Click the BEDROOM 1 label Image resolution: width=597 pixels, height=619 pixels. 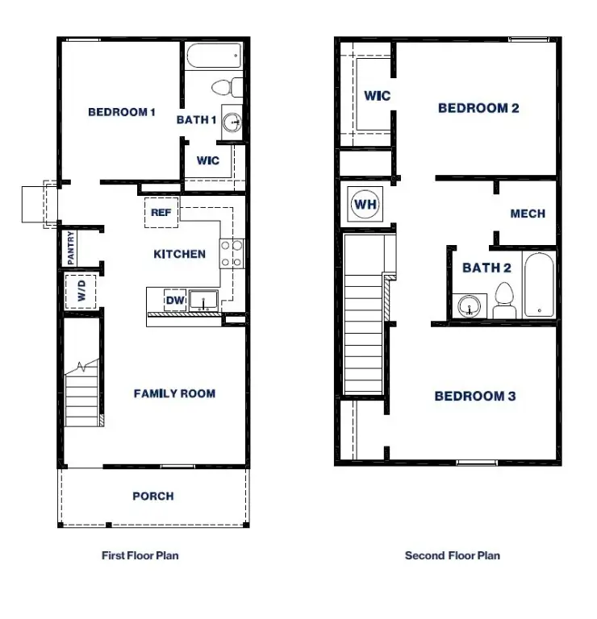(121, 112)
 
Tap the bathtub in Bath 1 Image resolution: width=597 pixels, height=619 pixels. (214, 59)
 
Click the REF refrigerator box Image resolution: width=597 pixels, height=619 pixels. (160, 213)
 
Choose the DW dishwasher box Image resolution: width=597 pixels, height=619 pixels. (174, 300)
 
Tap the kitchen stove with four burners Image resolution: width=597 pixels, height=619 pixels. (233, 254)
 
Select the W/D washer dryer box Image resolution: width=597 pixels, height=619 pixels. (81, 291)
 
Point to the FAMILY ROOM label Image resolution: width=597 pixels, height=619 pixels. (174, 393)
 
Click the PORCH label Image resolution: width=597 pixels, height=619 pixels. (152, 496)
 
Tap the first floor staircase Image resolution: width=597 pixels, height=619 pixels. (81, 395)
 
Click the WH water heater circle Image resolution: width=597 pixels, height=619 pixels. (365, 204)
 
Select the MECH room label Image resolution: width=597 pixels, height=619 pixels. (528, 214)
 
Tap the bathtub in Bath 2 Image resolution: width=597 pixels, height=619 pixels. (538, 285)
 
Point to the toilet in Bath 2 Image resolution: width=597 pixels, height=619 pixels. (504, 299)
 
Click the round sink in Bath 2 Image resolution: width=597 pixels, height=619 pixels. (468, 307)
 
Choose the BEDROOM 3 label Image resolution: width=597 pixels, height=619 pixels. (475, 396)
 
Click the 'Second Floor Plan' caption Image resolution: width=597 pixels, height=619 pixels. (452, 555)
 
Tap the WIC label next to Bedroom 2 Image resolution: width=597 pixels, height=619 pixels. (377, 96)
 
